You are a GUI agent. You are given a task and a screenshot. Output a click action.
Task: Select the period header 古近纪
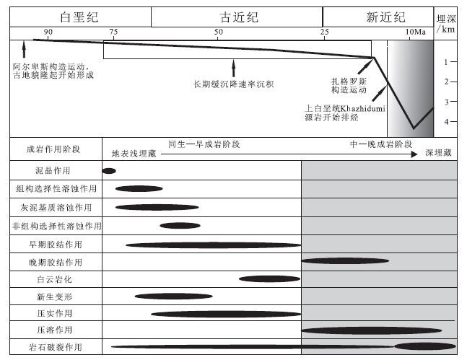tap(235, 17)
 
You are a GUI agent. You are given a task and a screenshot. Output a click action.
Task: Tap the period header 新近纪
tap(385, 17)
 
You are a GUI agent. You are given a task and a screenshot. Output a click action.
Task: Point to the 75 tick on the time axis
tap(113, 32)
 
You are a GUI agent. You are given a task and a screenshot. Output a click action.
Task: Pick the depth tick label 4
tap(446, 121)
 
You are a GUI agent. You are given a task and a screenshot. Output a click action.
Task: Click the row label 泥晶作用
tap(53, 171)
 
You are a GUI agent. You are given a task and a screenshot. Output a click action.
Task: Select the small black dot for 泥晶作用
tap(109, 171)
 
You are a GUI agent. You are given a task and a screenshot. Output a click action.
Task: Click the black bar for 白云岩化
tap(269, 278)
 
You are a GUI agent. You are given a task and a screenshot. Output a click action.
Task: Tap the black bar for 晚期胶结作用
tap(345, 260)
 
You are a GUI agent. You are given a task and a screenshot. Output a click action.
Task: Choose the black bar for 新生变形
tap(173, 296)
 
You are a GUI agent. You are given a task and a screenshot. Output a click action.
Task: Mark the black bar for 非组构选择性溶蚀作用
tap(180, 225)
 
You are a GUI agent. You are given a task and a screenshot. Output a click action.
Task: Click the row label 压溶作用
tap(53, 330)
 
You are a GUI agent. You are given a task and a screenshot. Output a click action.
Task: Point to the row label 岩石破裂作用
tap(53, 348)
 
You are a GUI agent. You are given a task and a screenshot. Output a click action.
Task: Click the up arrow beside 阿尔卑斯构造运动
tap(25, 49)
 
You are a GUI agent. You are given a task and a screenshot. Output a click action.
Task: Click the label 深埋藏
tap(438, 153)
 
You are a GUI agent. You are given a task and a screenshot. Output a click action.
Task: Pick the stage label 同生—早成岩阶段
tap(204, 144)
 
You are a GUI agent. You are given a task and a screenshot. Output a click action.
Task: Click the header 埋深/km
tap(445, 25)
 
